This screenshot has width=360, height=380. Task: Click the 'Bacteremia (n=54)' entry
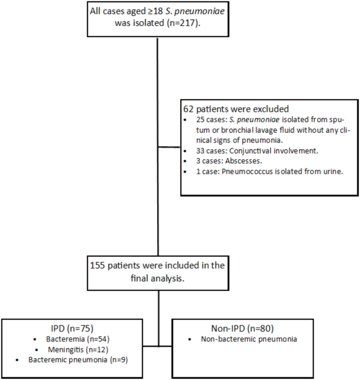(86, 339)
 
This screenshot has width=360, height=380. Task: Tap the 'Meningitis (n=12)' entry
(86, 349)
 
